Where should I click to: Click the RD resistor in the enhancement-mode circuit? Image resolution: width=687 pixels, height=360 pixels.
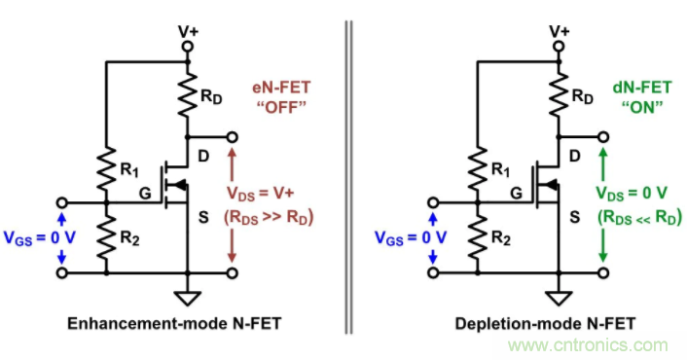(188, 95)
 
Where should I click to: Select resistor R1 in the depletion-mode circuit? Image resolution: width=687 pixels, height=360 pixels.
(478, 168)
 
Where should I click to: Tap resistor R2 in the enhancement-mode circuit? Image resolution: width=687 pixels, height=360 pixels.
(106, 238)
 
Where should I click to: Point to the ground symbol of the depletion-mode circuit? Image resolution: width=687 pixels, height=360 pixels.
(560, 299)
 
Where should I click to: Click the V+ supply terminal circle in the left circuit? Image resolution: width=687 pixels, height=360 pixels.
(188, 46)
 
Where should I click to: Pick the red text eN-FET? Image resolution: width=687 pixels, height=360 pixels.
(281, 88)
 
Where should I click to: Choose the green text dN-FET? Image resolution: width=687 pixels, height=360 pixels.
(642, 88)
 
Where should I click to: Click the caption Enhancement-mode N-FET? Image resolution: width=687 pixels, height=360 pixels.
(174, 324)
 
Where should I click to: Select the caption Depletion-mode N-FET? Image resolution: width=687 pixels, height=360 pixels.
(545, 324)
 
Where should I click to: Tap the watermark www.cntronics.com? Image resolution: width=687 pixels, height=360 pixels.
(588, 345)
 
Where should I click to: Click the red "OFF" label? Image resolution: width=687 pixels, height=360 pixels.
(281, 107)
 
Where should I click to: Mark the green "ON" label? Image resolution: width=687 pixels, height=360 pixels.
(642, 107)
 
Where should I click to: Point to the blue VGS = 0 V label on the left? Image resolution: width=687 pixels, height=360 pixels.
(40, 238)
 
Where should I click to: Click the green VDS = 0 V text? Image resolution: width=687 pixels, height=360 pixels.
(632, 194)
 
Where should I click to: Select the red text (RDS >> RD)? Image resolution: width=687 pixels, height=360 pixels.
(269, 217)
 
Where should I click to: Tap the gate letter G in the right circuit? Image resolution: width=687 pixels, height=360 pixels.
(516, 193)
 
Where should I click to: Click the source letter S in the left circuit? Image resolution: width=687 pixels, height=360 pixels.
(203, 217)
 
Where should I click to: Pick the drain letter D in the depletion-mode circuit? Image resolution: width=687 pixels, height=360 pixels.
(575, 156)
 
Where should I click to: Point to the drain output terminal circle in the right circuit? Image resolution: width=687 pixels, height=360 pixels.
(603, 137)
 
